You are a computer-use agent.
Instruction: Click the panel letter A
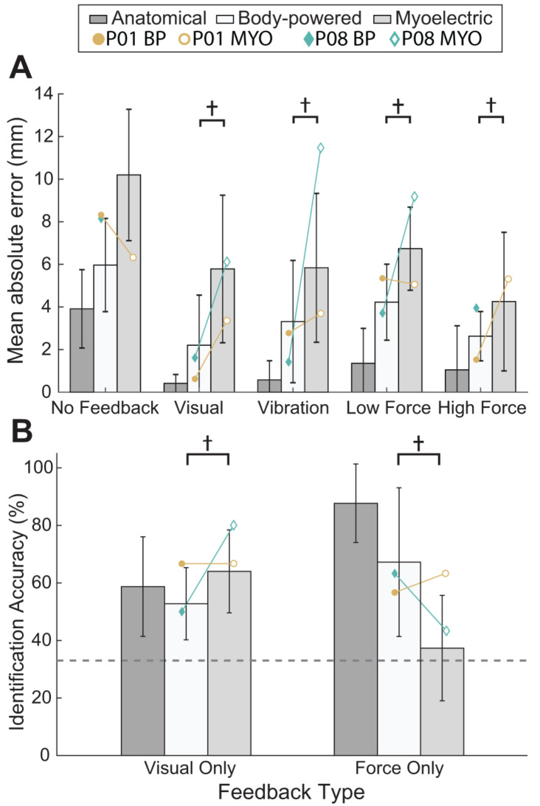click(x=22, y=71)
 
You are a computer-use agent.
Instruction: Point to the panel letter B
click(x=22, y=432)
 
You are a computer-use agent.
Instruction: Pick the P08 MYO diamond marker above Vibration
click(x=320, y=147)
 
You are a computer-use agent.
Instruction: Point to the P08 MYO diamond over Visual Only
click(x=233, y=525)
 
